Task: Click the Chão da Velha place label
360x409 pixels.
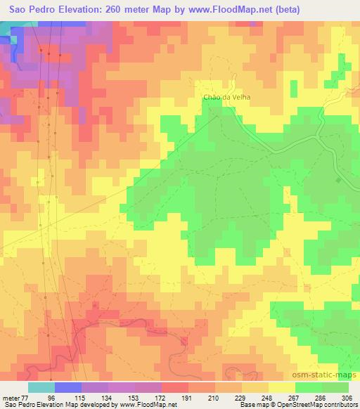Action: (x=226, y=97)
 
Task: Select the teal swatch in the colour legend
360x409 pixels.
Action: (x=41, y=387)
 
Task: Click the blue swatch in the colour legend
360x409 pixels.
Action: (x=67, y=387)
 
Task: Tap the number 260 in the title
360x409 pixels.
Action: (x=117, y=9)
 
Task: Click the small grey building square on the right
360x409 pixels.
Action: (x=337, y=181)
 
